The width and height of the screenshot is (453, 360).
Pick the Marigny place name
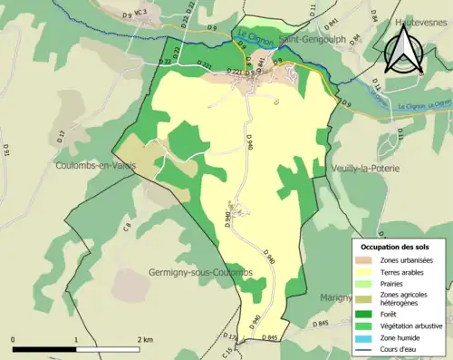(x=335, y=297)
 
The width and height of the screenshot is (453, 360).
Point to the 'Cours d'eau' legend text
(x=398, y=348)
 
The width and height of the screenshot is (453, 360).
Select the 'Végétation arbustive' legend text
(x=411, y=325)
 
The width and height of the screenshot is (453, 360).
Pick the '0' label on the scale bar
(x=14, y=339)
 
